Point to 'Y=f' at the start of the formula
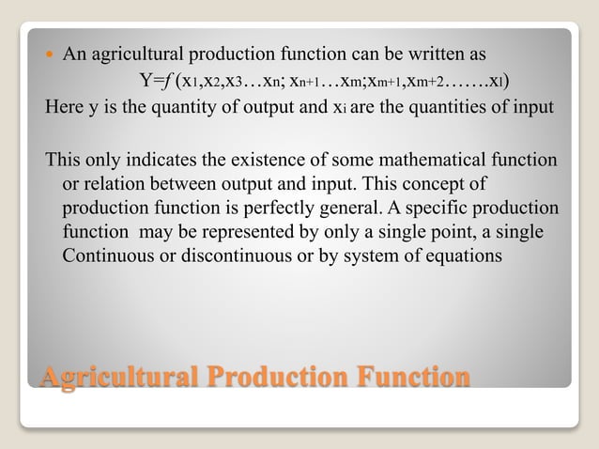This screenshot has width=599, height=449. [154, 78]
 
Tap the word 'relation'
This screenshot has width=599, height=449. [115, 182]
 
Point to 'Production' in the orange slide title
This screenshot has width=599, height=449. [282, 377]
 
